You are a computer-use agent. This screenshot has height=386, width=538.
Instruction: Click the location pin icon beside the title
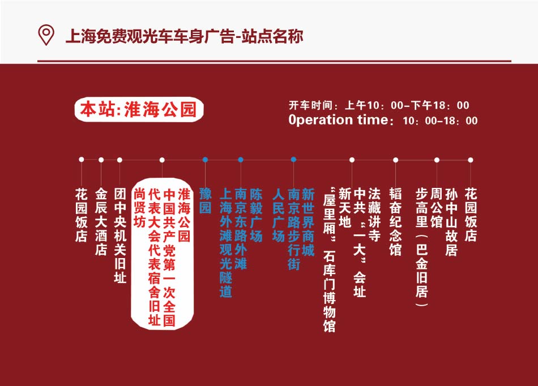pos(46,35)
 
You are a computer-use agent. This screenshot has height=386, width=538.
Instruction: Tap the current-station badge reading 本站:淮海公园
pos(139,110)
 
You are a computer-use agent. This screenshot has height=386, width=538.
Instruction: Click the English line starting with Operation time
pos(383,120)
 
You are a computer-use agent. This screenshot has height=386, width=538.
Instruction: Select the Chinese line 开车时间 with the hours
pos(379,105)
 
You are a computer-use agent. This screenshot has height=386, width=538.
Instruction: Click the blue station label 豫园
pos(205,200)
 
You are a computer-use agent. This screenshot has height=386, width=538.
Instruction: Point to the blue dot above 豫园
pos(205,160)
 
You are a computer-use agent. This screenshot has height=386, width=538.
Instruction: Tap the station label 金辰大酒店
pos(101,221)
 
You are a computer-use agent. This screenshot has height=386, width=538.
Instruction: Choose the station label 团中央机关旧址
pos(120,235)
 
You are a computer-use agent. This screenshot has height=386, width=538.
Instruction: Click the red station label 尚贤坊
pos(140,207)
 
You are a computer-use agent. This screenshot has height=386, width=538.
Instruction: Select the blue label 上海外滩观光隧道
pos(226,242)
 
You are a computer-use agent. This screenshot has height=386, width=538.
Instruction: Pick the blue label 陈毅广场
pos(256,215)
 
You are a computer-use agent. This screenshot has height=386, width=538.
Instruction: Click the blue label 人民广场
pos(278,215)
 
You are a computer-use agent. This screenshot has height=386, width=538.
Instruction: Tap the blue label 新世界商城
pos(308,222)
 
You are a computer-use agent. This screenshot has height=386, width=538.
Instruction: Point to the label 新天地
pos(344,208)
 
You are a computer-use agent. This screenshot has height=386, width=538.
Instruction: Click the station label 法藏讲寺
pos(374,215)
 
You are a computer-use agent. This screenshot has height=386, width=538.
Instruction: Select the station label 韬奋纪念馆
pos(395,221)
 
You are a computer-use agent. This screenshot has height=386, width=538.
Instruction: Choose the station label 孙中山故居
pos(451,221)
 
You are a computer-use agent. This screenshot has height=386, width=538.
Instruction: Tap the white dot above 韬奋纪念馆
pos(396,160)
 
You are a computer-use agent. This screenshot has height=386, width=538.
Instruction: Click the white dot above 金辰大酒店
pos(101,160)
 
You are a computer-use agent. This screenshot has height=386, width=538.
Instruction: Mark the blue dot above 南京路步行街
pos(293,160)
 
